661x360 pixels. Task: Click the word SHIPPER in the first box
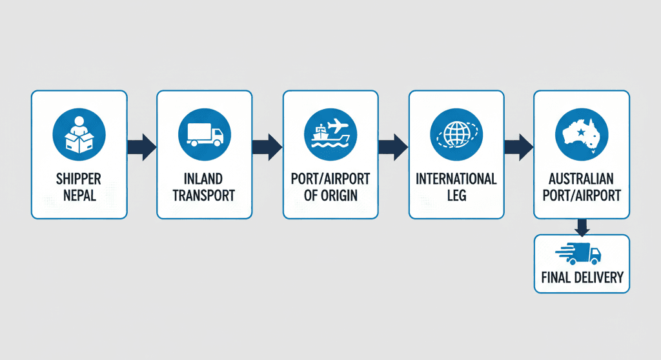pyautogui.click(x=79, y=178)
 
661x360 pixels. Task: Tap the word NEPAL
pyautogui.click(x=79, y=194)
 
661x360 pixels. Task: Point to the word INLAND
pyautogui.click(x=205, y=178)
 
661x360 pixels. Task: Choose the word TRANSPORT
pyautogui.click(x=205, y=194)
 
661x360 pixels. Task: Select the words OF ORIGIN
pyautogui.click(x=330, y=194)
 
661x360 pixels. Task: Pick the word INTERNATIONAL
pyautogui.click(x=456, y=178)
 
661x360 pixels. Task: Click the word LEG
pyautogui.click(x=456, y=194)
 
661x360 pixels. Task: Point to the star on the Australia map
pyautogui.click(x=582, y=132)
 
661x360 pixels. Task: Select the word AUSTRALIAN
pyautogui.click(x=582, y=178)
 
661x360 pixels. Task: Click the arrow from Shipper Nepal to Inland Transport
pyautogui.click(x=141, y=147)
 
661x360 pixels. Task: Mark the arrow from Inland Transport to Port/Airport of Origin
pyautogui.click(x=267, y=147)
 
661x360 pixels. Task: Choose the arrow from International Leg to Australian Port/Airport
pyautogui.click(x=518, y=147)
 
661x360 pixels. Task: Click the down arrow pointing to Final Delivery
pyautogui.click(x=582, y=226)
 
